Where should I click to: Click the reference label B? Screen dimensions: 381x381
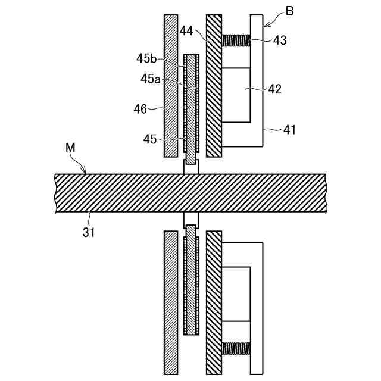pyautogui.click(x=289, y=11)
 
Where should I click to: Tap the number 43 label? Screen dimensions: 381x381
pyautogui.click(x=280, y=40)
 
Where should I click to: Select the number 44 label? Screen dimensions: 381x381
pyautogui.click(x=186, y=31)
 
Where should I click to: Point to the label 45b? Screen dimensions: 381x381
pyautogui.click(x=146, y=58)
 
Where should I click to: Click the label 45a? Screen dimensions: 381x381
pyautogui.click(x=151, y=79)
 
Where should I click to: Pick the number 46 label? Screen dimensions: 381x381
pyautogui.click(x=140, y=109)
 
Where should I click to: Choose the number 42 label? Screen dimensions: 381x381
pyautogui.click(x=275, y=89)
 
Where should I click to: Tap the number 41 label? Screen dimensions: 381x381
pyautogui.click(x=289, y=130)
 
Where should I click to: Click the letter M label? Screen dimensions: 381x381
pyautogui.click(x=70, y=148)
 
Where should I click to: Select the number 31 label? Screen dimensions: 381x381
pyautogui.click(x=89, y=232)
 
